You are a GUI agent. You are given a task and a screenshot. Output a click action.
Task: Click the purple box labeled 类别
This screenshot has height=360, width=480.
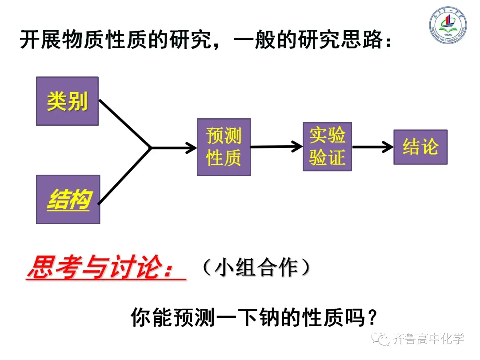[x=67, y=101]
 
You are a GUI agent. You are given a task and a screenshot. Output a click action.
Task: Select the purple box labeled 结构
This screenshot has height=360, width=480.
[x=68, y=199]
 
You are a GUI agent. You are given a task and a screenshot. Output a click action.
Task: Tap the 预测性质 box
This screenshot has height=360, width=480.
[x=224, y=147]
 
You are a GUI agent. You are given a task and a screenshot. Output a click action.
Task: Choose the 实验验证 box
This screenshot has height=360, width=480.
[x=327, y=147]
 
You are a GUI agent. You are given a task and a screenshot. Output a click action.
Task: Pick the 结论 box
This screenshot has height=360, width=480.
[x=420, y=147]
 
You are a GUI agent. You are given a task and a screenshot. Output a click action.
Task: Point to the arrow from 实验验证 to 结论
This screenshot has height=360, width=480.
[x=372, y=147]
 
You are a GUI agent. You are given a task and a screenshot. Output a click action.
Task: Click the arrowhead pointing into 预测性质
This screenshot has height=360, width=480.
[x=190, y=147]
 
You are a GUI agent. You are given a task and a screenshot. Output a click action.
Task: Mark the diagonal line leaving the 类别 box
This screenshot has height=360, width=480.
[x=124, y=123]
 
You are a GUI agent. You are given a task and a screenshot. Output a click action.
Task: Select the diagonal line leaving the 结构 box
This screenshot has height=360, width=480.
[x=124, y=176]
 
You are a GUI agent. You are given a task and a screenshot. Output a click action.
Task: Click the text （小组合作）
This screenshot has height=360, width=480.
[x=256, y=268]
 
